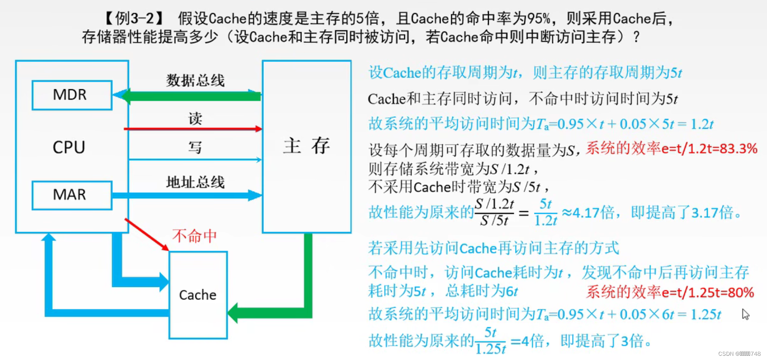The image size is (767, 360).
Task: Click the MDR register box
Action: click(72, 95)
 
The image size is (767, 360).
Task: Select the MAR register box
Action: click(72, 195)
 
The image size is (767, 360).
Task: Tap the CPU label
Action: click(69, 147)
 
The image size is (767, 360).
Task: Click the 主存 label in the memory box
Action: click(307, 146)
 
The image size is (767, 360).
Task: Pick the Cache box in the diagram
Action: click(198, 295)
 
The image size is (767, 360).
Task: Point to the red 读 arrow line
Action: click(193, 129)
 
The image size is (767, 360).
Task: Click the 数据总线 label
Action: click(195, 80)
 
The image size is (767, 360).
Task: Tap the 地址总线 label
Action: click(195, 182)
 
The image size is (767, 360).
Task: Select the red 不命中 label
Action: click(194, 236)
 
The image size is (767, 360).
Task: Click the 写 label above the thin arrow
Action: click(195, 147)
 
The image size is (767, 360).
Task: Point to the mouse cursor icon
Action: click(745, 314)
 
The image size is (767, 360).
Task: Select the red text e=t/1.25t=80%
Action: click(708, 292)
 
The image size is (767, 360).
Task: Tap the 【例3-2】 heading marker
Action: click(134, 18)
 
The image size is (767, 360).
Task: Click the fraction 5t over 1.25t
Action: click(490, 341)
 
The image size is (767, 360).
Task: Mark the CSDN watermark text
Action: click(739, 354)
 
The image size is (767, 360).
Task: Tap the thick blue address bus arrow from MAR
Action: click(186, 195)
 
